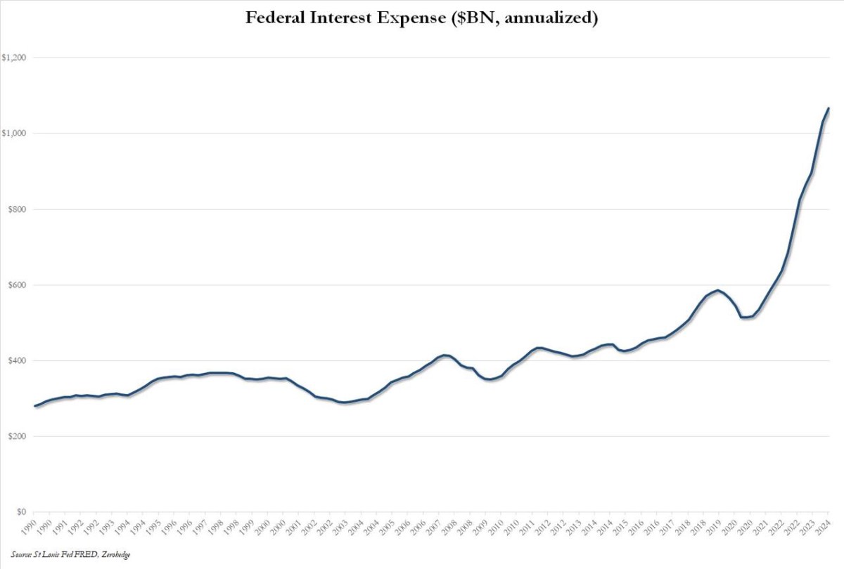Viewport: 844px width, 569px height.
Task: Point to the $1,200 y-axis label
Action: pos(13,58)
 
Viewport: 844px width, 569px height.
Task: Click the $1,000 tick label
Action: pos(13,133)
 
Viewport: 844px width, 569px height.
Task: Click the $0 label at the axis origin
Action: pos(21,513)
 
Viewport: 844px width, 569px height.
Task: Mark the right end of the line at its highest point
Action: pos(829,108)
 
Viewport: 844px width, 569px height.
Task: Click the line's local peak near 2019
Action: pos(717,290)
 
